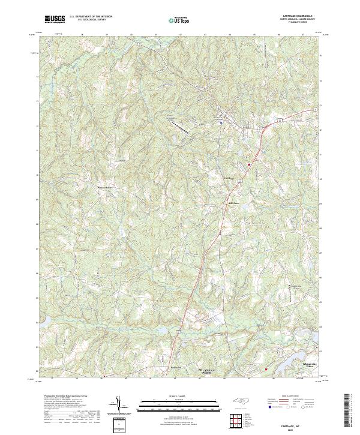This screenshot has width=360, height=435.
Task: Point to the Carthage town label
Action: tap(229, 178)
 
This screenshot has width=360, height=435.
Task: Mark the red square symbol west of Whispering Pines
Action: tap(266, 369)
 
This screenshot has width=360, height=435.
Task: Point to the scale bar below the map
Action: tap(179, 403)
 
